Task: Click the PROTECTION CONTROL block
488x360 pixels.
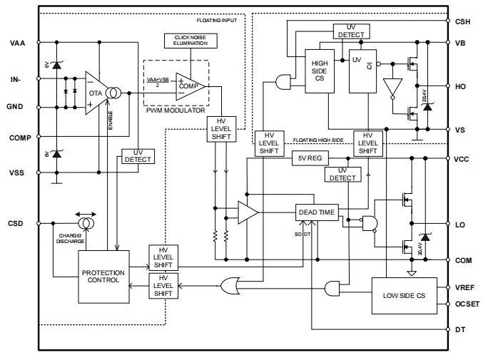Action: (103, 276)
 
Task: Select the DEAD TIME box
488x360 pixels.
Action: (315, 212)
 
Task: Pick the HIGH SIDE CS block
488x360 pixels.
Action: (319, 71)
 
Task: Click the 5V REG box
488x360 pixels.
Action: (310, 158)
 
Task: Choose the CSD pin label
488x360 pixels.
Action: (16, 223)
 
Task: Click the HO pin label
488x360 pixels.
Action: (460, 86)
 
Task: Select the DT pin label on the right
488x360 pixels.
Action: (460, 330)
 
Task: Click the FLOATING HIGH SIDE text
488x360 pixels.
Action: (318, 140)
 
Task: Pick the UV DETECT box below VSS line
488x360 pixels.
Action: (138, 155)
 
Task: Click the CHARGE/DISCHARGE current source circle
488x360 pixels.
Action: (86, 224)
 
